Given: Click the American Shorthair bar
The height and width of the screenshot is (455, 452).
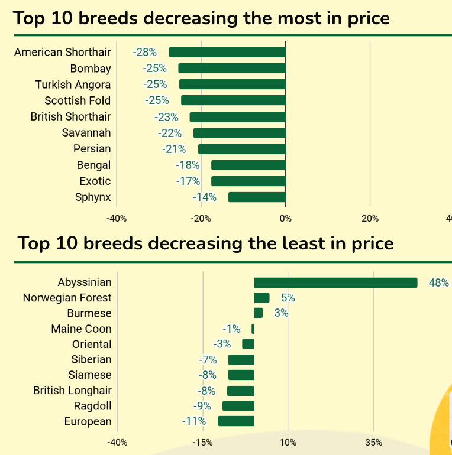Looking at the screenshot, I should (x=227, y=52).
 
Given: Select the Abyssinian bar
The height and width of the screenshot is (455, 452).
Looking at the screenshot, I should (x=335, y=282).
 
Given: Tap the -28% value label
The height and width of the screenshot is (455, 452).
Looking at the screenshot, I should (x=145, y=53).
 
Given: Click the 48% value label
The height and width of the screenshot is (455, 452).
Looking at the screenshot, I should (x=438, y=282).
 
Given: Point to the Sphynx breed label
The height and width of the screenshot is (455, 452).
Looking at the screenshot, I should (x=93, y=197).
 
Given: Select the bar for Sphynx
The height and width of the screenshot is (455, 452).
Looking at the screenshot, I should (x=257, y=197).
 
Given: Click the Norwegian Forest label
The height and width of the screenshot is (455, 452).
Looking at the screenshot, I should (x=67, y=298).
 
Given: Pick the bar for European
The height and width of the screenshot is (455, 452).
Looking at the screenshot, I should (x=236, y=421).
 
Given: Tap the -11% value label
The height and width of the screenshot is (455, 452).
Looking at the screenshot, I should (x=194, y=421).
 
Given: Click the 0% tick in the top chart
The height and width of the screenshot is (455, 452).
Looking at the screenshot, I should (x=285, y=219).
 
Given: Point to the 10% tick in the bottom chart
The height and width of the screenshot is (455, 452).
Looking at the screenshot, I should (x=288, y=442).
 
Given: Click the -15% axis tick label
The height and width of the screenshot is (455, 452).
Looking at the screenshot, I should (x=202, y=442).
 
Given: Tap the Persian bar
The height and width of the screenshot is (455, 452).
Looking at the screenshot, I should (x=241, y=149).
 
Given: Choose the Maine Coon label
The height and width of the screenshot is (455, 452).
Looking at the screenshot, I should (x=81, y=329).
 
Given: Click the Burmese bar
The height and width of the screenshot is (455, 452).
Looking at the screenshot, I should (x=259, y=313).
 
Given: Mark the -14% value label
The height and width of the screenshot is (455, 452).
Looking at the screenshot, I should (x=205, y=197).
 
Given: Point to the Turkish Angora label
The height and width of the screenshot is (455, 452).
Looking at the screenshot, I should (x=73, y=84).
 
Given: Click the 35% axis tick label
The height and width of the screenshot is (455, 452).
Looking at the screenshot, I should (x=373, y=442).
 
